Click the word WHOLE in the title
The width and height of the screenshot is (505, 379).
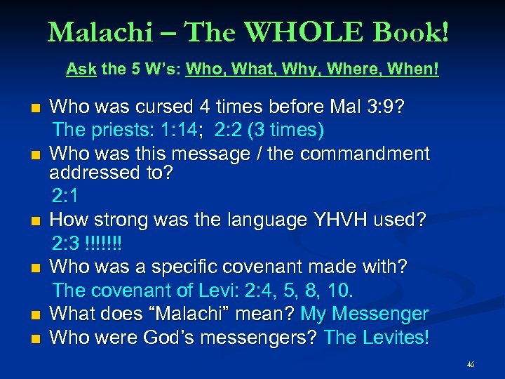(315, 32)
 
